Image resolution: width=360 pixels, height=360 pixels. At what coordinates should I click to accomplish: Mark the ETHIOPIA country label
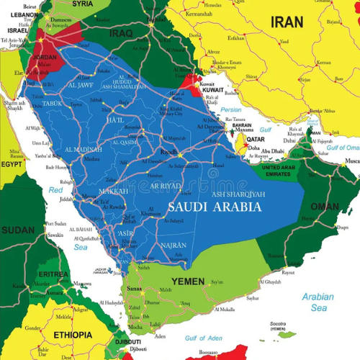pyautogui.click(x=72, y=335)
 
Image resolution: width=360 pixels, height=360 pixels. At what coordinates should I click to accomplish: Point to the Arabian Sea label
pyautogui.click(x=318, y=302)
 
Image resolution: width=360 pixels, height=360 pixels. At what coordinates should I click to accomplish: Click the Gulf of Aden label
pyautogui.click(x=204, y=338)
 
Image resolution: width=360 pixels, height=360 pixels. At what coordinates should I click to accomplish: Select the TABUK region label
pyautogui.click(x=53, y=103)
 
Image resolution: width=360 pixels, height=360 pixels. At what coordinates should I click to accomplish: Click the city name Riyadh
pyautogui.click(x=168, y=152)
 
